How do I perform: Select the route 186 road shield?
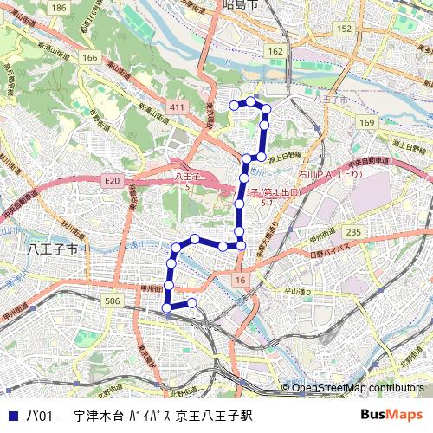[x=58, y=8]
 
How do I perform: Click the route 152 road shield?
[x=344, y=29]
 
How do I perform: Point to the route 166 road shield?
[x=90, y=57]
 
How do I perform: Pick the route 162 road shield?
[x=275, y=52]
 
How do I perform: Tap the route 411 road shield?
[x=178, y=107]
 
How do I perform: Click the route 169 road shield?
[x=366, y=123]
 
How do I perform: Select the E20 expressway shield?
[x=112, y=181]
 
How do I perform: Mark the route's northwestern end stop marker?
[x=233, y=105]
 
